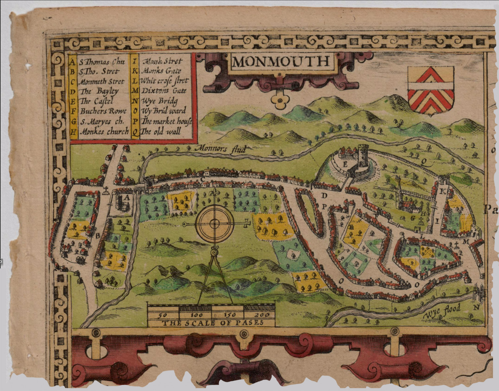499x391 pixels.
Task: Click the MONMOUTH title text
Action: tap(281, 61)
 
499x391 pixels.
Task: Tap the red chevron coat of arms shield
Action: tap(431, 90)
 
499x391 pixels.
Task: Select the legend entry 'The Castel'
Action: tap(96, 101)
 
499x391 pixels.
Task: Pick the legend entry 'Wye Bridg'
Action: tap(160, 101)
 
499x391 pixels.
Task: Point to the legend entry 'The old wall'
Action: tap(161, 132)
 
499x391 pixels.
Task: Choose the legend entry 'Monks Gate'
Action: tap(161, 71)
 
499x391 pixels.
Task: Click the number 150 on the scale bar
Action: tap(228, 315)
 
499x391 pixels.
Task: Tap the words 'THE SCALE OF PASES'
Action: tap(212, 323)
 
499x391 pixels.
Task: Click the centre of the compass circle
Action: tap(214, 224)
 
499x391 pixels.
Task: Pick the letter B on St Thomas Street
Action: tap(97, 236)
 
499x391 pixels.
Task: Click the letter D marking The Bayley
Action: tap(324, 196)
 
